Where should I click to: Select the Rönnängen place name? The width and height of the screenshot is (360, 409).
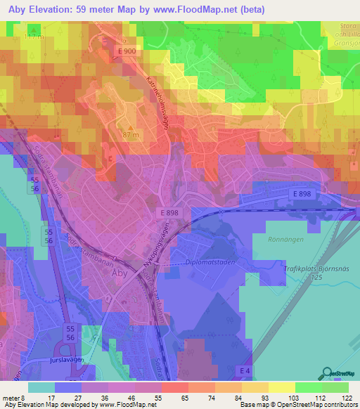(x=284, y=238)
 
